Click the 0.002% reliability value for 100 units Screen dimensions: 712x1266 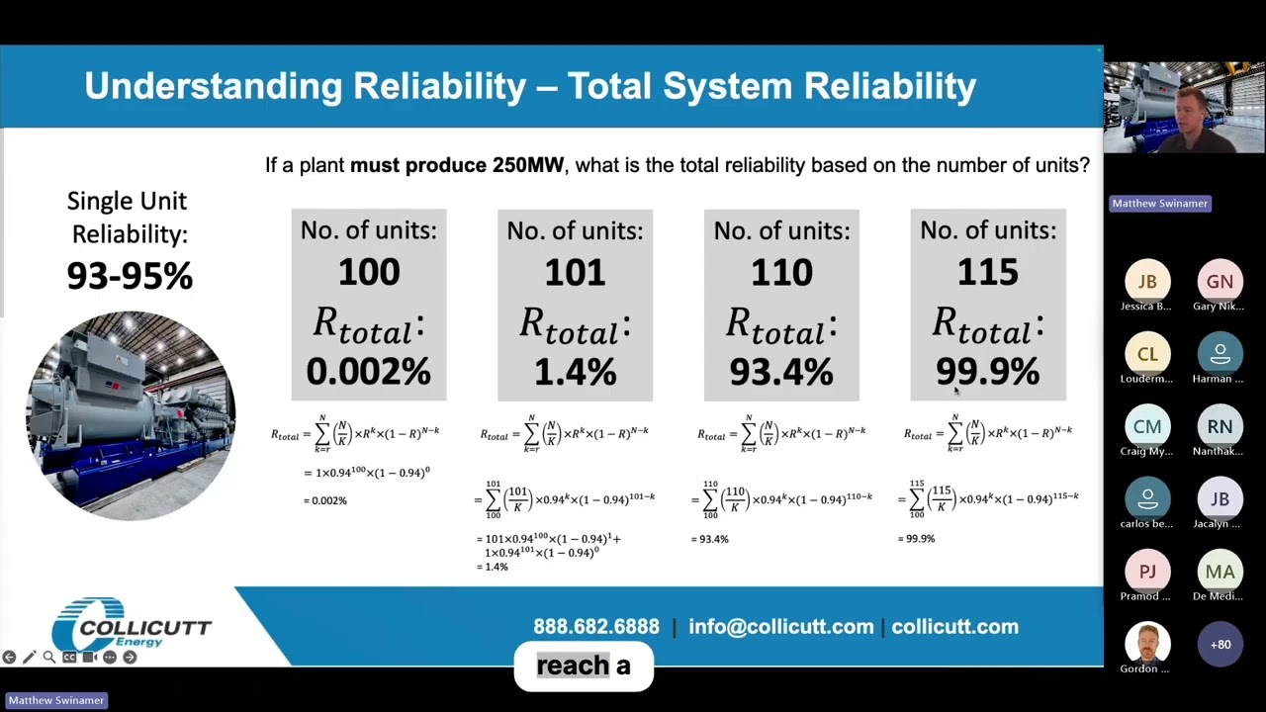click(x=368, y=372)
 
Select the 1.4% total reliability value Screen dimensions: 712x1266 click(x=575, y=372)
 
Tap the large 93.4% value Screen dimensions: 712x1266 click(x=781, y=372)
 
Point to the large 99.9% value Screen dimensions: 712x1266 click(x=987, y=372)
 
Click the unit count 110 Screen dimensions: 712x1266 click(x=781, y=272)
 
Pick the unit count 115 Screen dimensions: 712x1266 click(x=987, y=272)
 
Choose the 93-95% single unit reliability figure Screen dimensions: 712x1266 click(x=129, y=276)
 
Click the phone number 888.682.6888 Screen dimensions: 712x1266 click(x=596, y=627)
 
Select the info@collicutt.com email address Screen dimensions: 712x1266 click(x=781, y=627)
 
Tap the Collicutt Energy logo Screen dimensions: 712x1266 click(x=131, y=625)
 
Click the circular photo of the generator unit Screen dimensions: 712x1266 click(x=131, y=415)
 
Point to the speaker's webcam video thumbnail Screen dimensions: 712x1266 click(x=1183, y=108)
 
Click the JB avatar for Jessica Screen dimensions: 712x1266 click(x=1147, y=282)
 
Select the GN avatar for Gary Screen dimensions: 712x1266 click(x=1220, y=282)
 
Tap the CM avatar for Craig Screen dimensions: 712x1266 click(x=1147, y=427)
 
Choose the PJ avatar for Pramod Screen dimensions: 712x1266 click(x=1147, y=572)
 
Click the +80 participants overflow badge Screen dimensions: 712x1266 click(x=1220, y=645)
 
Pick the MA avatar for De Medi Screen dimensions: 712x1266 click(x=1220, y=572)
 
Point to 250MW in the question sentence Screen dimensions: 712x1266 click(x=527, y=165)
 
